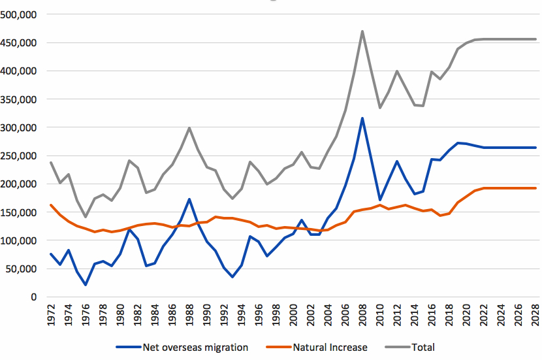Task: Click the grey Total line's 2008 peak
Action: [x=362, y=31]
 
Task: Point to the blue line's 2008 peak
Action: [x=362, y=118]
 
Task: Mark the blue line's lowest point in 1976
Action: [x=86, y=285]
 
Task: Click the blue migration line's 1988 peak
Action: [x=189, y=199]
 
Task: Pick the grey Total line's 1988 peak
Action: [x=189, y=128]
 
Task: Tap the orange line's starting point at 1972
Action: [x=51, y=205]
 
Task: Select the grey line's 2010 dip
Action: [x=379, y=108]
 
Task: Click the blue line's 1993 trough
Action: [x=232, y=277]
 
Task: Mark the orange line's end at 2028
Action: [x=535, y=188]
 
